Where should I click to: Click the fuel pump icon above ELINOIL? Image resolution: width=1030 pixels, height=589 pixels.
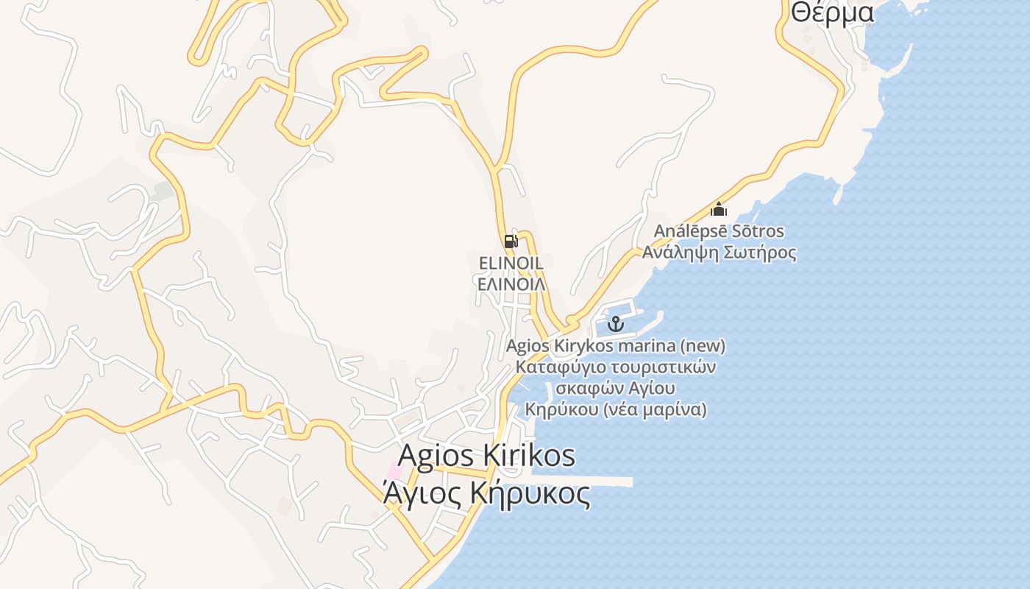tap(511, 241)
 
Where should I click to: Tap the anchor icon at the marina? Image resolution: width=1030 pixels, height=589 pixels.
tap(615, 323)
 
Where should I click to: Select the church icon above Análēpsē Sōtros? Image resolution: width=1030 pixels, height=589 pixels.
tap(719, 209)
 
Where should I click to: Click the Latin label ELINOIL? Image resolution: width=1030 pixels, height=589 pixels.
tap(511, 263)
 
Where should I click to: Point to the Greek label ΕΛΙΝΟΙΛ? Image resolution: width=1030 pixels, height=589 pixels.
tap(511, 283)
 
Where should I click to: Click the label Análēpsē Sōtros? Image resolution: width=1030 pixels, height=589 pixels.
tap(719, 231)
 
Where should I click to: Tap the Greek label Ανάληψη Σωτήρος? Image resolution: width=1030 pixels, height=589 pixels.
tap(719, 253)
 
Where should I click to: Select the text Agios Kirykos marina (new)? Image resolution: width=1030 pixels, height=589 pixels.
tap(615, 345)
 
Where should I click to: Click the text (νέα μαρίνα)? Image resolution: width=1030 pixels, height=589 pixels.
tap(655, 409)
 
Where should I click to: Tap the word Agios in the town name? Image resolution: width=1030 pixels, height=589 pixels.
tap(435, 456)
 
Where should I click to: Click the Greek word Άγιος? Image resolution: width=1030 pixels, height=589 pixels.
tap(423, 493)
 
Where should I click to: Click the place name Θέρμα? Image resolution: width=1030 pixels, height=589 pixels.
tap(832, 13)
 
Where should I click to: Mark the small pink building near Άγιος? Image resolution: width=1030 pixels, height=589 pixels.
tap(396, 470)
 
